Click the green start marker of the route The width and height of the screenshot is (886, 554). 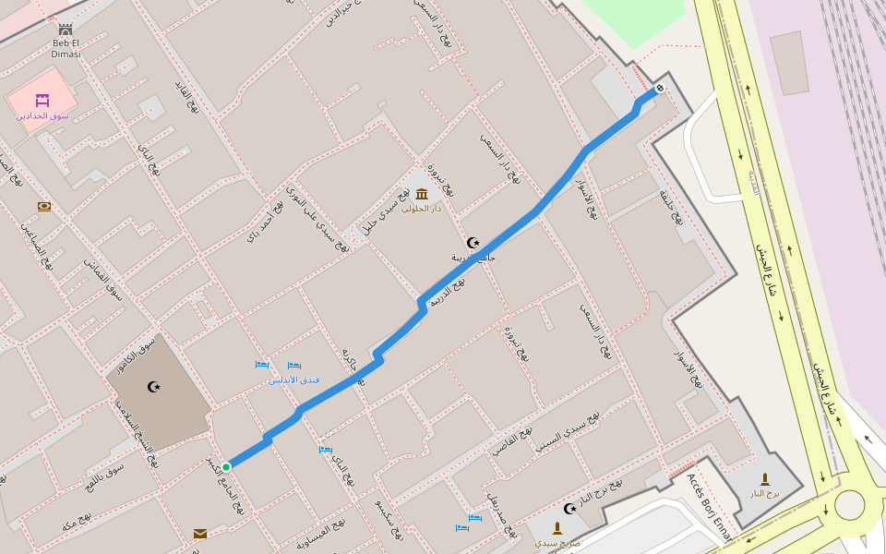pos(226,466)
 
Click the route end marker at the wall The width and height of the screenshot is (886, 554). pos(659,89)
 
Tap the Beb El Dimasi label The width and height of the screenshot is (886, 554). pos(66,48)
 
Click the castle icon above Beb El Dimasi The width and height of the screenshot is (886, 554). pos(66,30)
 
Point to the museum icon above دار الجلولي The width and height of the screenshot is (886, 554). pos(422,194)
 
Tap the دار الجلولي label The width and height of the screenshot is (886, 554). pos(422,209)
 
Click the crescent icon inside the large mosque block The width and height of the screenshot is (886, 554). pos(154,387)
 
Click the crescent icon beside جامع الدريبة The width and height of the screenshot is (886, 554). pos(474,242)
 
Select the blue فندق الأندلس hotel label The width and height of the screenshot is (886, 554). pos(293,379)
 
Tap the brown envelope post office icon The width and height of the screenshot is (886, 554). pos(200,534)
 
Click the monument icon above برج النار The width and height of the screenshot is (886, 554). pos(764,478)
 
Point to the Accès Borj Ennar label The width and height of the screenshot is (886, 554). pos(709,509)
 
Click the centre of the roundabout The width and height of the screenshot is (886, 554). pos(849,505)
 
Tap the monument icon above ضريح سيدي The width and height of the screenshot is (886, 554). pos(557,528)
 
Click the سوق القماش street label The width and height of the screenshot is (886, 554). pos(103,279)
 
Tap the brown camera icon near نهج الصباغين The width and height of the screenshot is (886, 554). pos(44,207)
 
